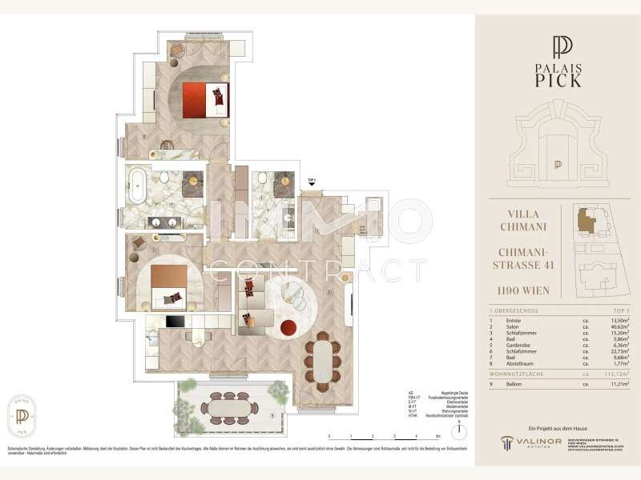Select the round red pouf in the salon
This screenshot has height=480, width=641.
288,327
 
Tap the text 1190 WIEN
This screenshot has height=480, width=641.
526,290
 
